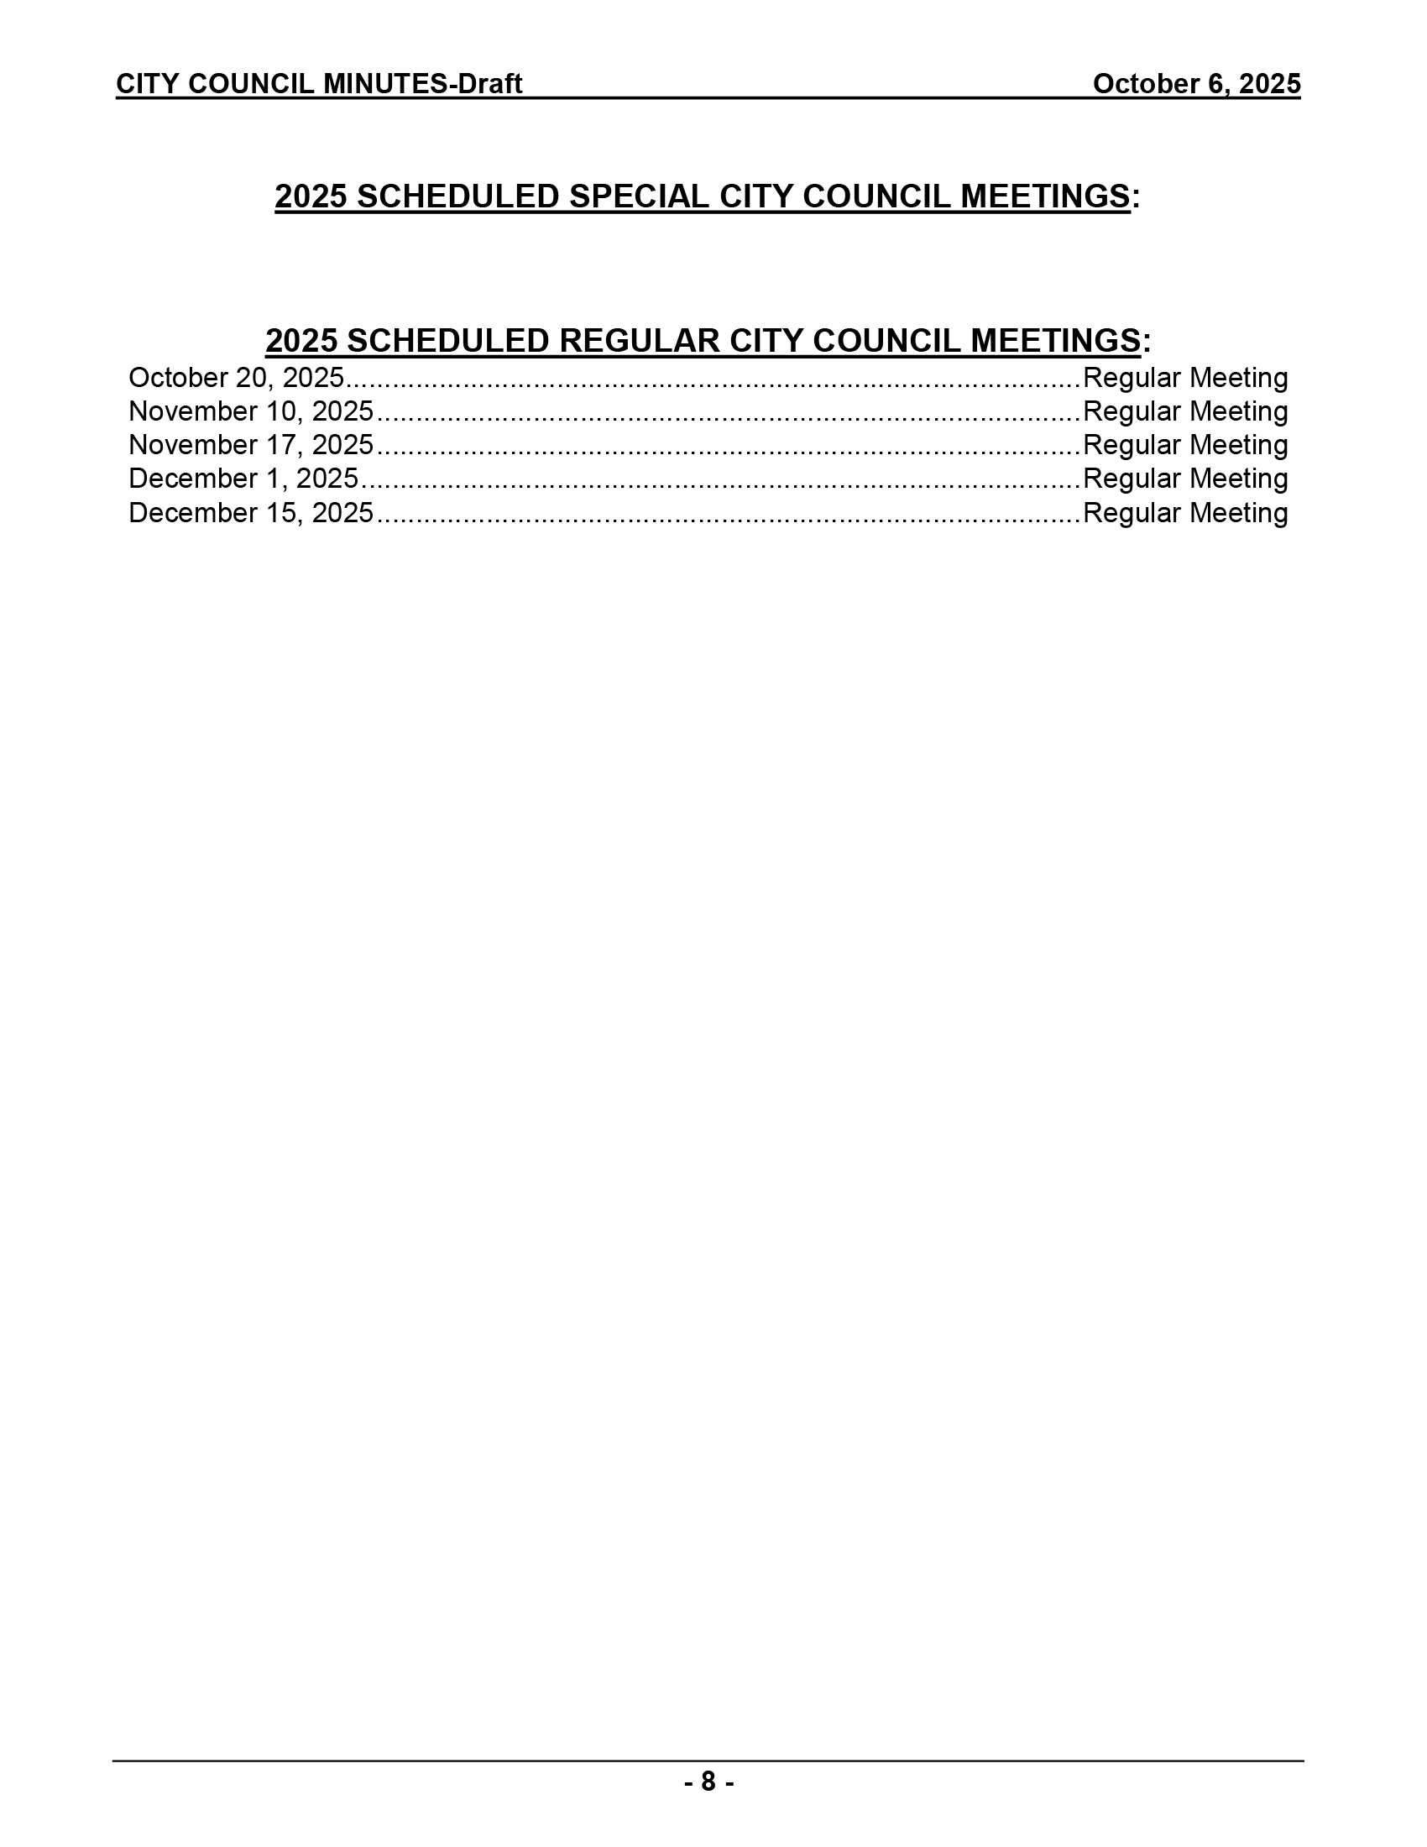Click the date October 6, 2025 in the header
click(1195, 84)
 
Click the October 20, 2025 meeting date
click(236, 378)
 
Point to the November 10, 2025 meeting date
click(250, 412)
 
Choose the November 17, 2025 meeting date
click(250, 445)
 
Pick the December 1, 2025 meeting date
click(243, 479)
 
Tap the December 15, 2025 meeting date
click(250, 513)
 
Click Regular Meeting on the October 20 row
click(1184, 378)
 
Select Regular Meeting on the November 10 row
click(1184, 412)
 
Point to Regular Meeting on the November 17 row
click(1184, 445)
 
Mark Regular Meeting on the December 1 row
click(1184, 479)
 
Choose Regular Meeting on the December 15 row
click(1184, 513)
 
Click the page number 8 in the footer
click(708, 1782)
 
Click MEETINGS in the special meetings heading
click(1045, 196)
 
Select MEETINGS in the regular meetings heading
click(1055, 341)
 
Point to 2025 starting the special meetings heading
click(311, 196)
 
